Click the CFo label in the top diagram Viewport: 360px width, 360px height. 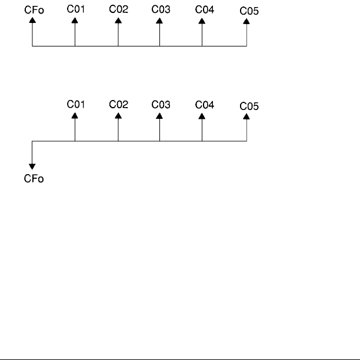32,10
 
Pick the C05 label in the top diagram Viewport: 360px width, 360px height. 249,11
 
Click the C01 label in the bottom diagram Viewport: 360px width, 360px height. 75,104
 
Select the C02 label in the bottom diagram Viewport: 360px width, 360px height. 118,104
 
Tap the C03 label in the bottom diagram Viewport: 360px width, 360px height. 160,104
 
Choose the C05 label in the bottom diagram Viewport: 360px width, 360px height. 249,106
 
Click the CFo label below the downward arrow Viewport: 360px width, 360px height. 33,179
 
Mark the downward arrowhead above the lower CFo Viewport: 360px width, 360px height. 32,168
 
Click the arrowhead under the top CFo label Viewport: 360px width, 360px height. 32,20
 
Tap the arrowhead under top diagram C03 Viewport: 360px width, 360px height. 159,19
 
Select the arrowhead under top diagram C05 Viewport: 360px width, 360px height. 246,21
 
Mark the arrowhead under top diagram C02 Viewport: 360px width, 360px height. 118,19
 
